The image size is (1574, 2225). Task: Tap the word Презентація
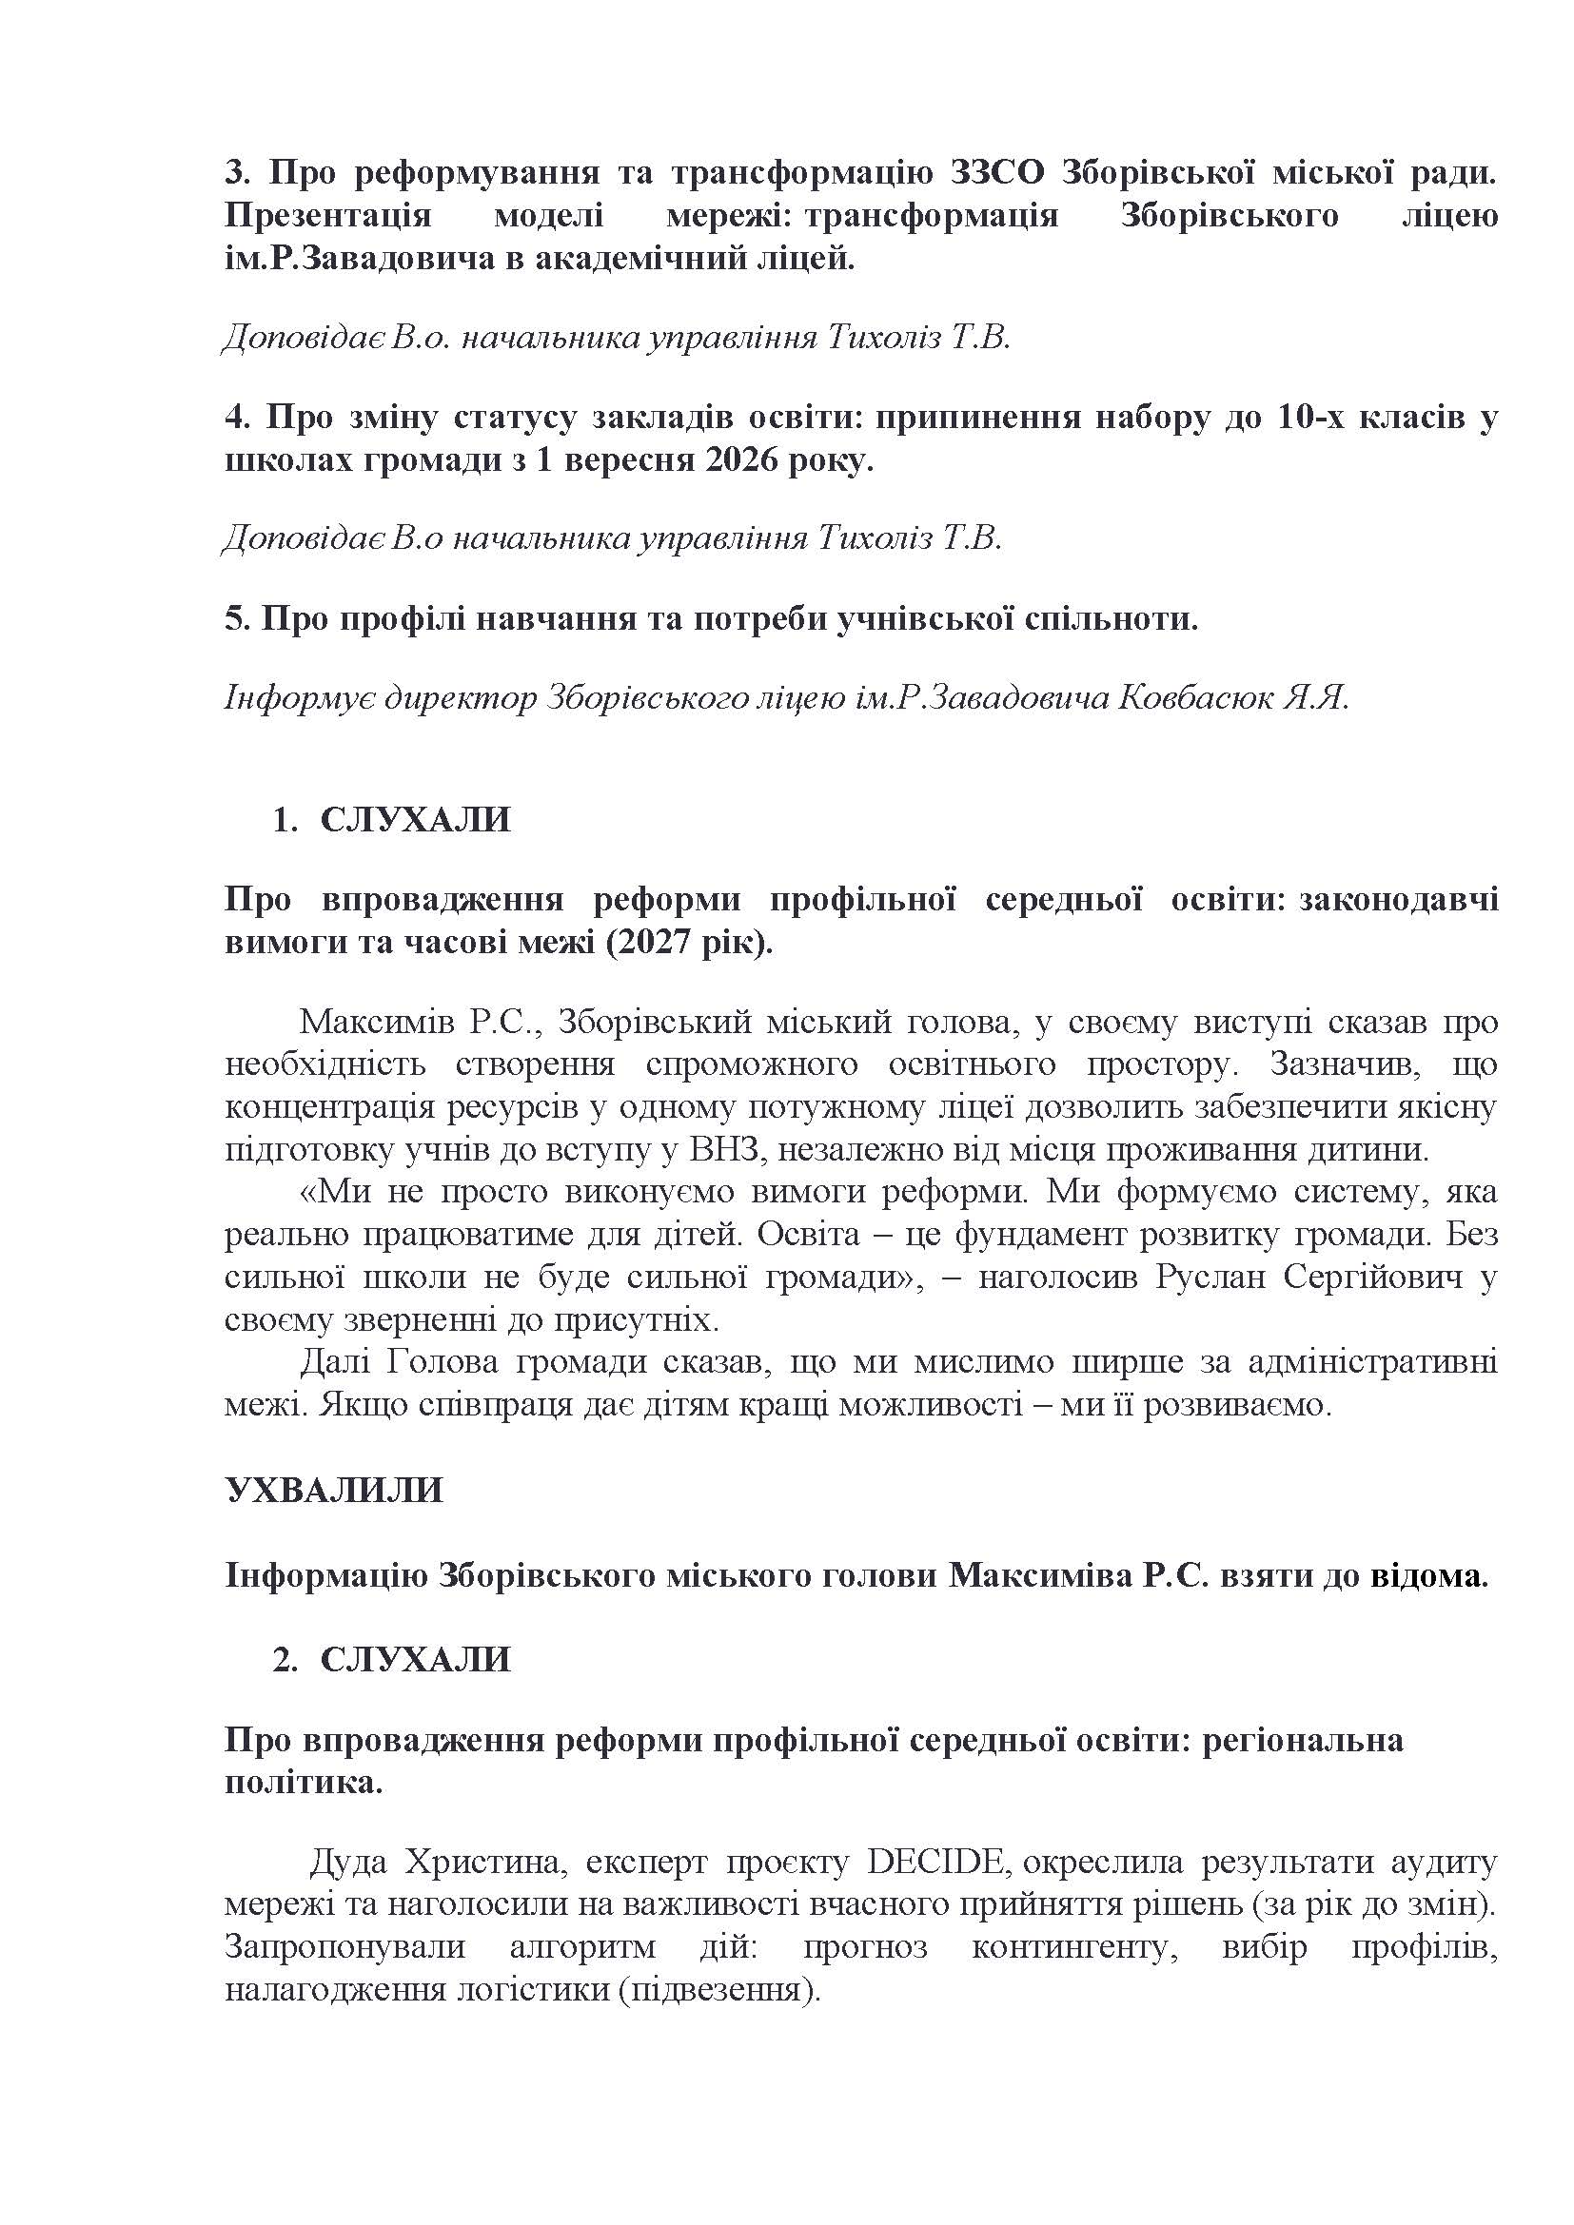[x=327, y=215]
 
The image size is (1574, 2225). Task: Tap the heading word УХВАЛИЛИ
[x=333, y=1490]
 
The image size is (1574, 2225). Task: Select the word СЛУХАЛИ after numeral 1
[x=415, y=820]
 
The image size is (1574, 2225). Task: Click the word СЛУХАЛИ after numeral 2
[x=415, y=1659]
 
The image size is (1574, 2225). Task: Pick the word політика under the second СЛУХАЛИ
[x=304, y=1783]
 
